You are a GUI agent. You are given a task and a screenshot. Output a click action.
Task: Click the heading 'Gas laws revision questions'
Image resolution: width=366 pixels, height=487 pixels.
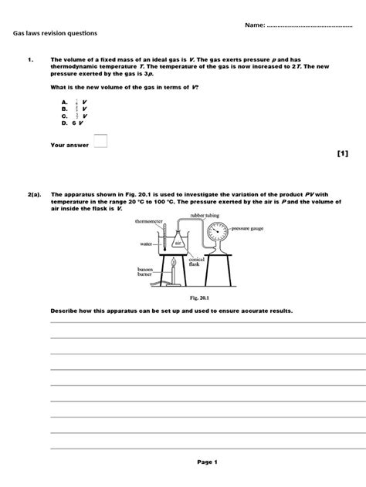(54, 35)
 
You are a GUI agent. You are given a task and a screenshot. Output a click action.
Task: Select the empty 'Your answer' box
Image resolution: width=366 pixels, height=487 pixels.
(100, 141)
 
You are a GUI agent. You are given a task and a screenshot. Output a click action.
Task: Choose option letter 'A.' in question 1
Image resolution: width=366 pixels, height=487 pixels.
(65, 101)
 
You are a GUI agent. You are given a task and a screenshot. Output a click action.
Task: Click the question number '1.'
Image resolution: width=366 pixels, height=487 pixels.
(30, 58)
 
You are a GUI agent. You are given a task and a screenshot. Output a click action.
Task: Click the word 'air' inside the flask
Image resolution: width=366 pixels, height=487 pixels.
(177, 242)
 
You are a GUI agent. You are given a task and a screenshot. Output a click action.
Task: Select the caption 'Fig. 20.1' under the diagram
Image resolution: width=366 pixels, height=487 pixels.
(182, 297)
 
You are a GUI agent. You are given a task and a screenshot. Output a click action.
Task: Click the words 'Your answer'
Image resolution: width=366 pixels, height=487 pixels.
(67, 144)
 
